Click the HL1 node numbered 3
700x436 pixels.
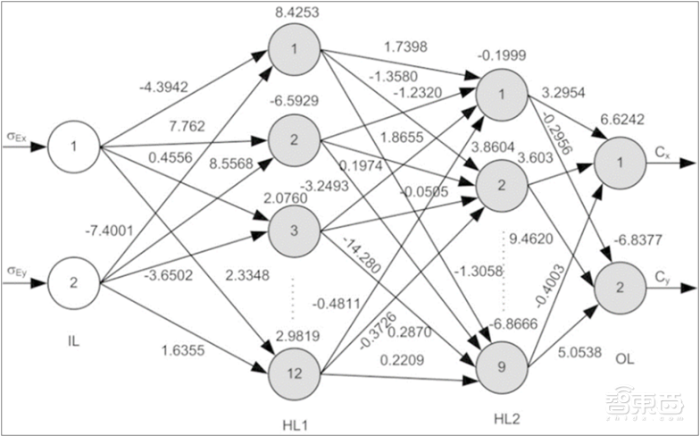point(294,228)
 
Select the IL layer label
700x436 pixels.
point(75,340)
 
